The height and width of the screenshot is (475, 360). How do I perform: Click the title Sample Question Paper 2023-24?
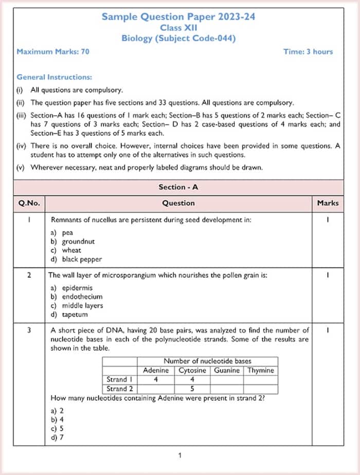pos(178,17)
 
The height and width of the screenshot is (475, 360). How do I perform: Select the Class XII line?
pos(178,28)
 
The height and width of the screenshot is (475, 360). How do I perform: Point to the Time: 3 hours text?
pos(308,51)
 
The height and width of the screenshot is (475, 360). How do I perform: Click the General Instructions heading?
pos(54,77)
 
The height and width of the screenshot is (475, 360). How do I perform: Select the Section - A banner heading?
pos(178,187)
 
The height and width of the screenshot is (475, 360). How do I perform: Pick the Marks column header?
pos(328,203)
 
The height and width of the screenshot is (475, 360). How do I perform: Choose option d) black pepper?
pos(76,259)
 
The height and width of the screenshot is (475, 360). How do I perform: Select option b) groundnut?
pos(73,241)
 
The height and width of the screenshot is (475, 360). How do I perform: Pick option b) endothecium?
pos(77,296)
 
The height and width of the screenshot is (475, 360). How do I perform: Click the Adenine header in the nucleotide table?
pos(155,371)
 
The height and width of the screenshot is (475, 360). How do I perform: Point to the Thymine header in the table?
pos(261,371)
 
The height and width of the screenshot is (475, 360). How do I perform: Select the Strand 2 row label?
pos(120,389)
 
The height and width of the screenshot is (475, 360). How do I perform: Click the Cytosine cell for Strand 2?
pos(192,389)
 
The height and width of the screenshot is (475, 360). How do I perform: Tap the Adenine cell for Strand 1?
pos(155,379)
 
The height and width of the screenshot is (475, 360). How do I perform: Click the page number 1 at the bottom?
pos(179,455)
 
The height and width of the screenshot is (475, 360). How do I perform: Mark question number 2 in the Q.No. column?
pos(29,275)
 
